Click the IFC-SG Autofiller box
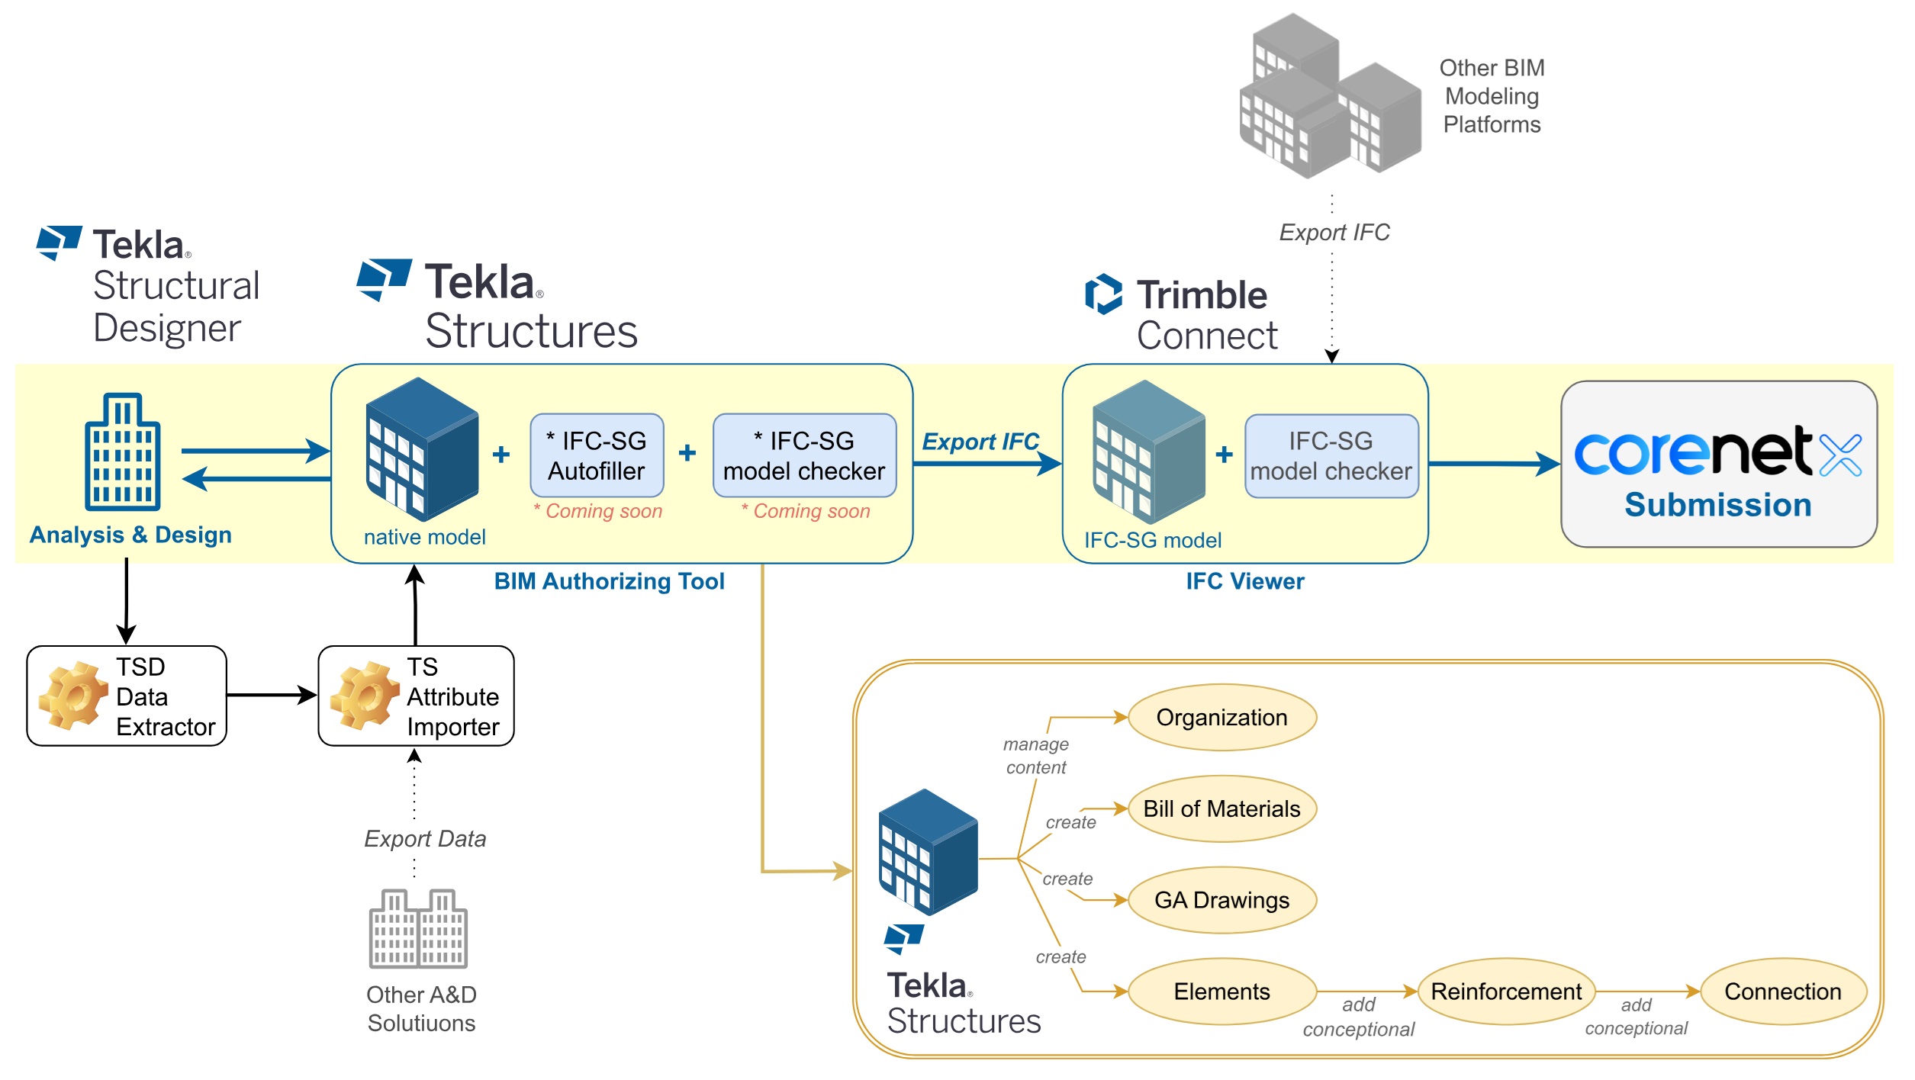pos(597,455)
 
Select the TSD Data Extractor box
pos(127,696)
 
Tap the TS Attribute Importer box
pos(416,696)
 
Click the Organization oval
pos(1221,717)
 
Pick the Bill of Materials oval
pos(1221,808)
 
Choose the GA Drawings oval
pos(1221,900)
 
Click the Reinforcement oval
pos(1505,991)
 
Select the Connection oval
pos(1782,991)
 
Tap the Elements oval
pos(1221,991)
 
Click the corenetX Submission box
pos(1718,464)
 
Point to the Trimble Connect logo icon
pos(1103,294)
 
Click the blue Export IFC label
pos(980,442)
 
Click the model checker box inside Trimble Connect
pos(1331,456)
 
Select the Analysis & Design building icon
pos(123,452)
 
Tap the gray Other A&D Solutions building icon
pos(418,928)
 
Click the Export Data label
pos(425,839)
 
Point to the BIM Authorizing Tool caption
pos(609,581)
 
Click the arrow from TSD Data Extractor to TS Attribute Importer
pos(271,695)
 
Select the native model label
pos(424,537)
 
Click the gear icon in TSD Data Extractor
pos(73,695)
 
